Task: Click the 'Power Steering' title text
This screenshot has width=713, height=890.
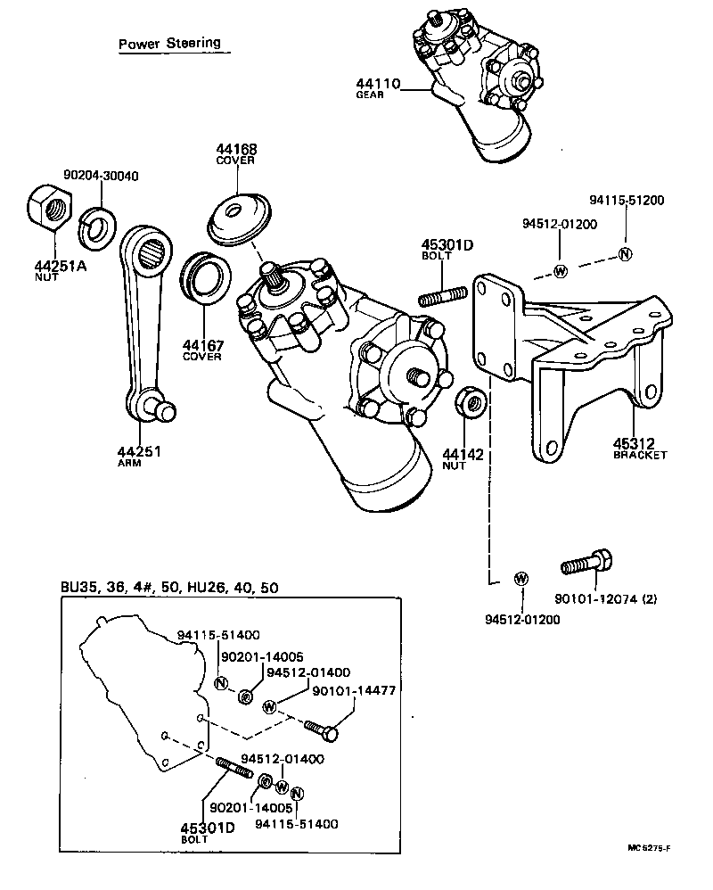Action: [169, 44]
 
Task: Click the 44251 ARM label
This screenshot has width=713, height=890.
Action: [138, 456]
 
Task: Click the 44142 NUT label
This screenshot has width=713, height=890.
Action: [463, 460]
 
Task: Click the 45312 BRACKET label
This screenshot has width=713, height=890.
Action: [639, 448]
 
